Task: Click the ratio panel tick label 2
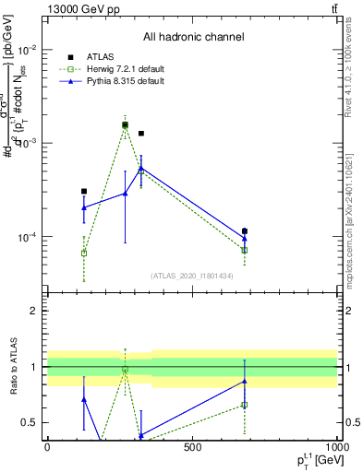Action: pyautogui.click(x=32, y=311)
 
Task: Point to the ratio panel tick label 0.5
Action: pyautogui.click(x=28, y=422)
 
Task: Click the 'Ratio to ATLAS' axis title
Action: pyautogui.click(x=14, y=366)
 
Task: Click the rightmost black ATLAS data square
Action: pyautogui.click(x=245, y=231)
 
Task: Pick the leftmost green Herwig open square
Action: pyautogui.click(x=84, y=253)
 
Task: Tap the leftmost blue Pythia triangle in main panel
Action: pyautogui.click(x=84, y=207)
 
